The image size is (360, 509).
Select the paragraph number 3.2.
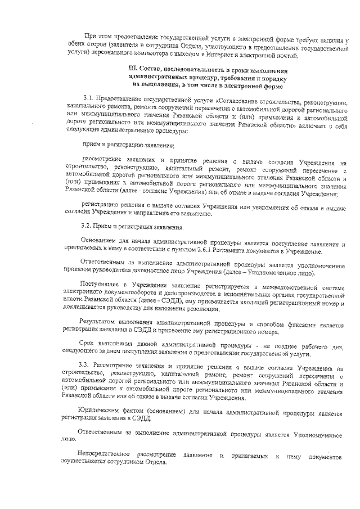(87, 227)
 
